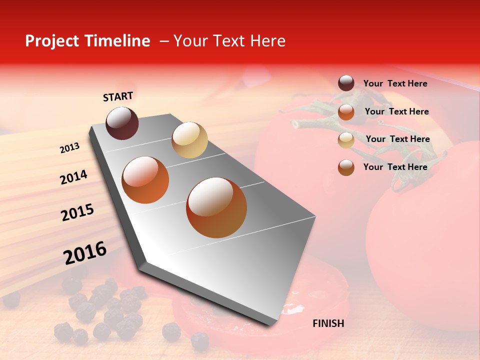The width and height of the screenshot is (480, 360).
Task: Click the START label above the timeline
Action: (x=118, y=96)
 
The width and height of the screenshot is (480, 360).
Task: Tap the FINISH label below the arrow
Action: (x=328, y=323)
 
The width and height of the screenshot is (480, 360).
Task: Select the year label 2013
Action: (x=70, y=148)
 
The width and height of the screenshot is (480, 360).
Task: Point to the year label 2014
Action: (x=73, y=177)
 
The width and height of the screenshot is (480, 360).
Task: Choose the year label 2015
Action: (x=77, y=212)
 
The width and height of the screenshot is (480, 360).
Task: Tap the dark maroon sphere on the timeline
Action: (x=122, y=123)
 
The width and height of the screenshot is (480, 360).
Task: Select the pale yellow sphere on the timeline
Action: (x=189, y=140)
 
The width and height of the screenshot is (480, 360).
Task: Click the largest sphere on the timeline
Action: (x=216, y=207)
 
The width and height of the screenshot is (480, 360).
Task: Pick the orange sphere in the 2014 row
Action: (x=145, y=180)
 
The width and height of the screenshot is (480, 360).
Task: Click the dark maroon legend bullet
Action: (x=346, y=83)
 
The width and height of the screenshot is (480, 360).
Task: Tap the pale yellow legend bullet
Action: (x=346, y=140)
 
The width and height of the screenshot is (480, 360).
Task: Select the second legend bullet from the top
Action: (x=346, y=112)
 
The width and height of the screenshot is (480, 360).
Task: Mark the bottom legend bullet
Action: (x=346, y=167)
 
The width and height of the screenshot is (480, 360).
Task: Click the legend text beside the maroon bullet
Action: (x=395, y=83)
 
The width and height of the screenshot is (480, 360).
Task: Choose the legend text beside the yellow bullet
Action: (x=397, y=139)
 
